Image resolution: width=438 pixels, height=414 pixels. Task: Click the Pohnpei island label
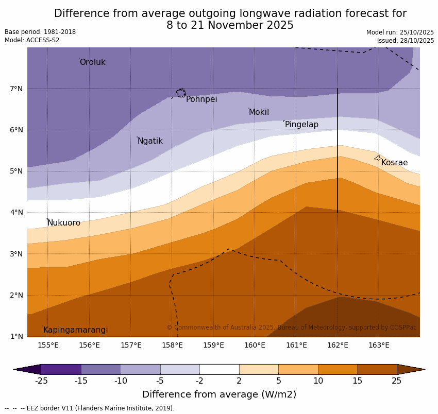[x=201, y=99]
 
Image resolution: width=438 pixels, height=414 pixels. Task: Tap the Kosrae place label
[x=394, y=163]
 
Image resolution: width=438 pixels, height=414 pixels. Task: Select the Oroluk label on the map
[x=92, y=62]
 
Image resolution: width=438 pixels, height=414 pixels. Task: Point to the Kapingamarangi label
[x=75, y=330]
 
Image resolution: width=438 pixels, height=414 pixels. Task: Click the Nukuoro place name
[x=64, y=223]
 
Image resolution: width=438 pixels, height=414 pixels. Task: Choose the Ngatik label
[x=150, y=141]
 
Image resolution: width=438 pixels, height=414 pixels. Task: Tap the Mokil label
[x=259, y=112]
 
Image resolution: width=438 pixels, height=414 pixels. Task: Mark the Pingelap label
[x=301, y=125]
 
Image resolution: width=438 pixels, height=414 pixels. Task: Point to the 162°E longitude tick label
[x=338, y=345]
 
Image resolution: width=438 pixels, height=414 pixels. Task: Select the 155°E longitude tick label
[x=48, y=345]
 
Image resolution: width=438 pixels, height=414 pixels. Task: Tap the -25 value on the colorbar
[x=41, y=381]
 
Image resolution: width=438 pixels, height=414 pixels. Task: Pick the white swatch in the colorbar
[x=219, y=369]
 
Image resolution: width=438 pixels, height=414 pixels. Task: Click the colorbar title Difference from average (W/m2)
[x=219, y=395]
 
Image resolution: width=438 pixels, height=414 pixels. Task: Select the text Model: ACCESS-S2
[x=32, y=40]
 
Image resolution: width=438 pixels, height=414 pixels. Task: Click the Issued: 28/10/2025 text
[x=405, y=41]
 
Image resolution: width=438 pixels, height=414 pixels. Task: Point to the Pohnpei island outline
[x=181, y=93]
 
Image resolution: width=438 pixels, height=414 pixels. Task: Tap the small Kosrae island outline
[x=377, y=158]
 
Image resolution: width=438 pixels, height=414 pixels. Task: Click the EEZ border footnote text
[x=90, y=408]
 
